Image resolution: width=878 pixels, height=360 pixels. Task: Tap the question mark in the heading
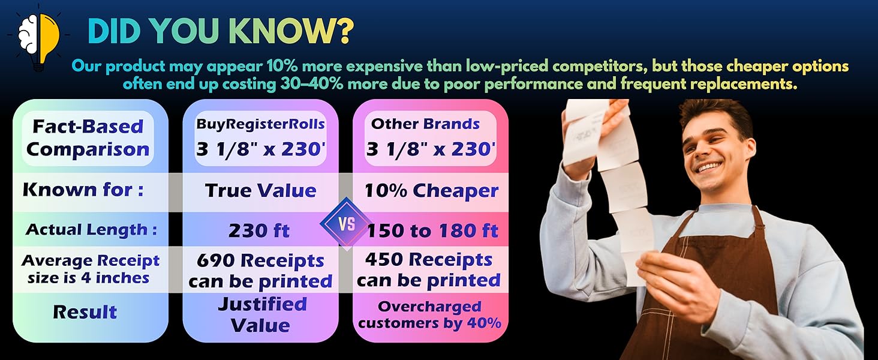click(x=344, y=31)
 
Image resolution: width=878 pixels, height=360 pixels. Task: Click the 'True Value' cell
click(x=261, y=191)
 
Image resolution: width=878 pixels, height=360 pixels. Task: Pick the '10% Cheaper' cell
click(x=431, y=191)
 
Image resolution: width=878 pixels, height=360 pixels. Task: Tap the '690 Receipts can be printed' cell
click(x=260, y=271)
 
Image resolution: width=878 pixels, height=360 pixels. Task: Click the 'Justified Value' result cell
click(x=261, y=315)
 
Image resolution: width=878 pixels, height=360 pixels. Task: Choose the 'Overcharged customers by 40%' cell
click(x=429, y=315)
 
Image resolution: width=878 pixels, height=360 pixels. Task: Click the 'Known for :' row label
click(x=83, y=190)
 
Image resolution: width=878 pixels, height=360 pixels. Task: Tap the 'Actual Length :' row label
click(x=91, y=230)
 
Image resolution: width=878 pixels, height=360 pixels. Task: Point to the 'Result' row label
click(x=85, y=312)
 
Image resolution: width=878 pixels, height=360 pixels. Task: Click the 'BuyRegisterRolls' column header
click(x=261, y=124)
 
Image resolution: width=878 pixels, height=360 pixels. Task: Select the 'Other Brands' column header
click(x=425, y=124)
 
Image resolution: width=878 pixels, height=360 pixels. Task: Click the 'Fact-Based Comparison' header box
click(x=88, y=138)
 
